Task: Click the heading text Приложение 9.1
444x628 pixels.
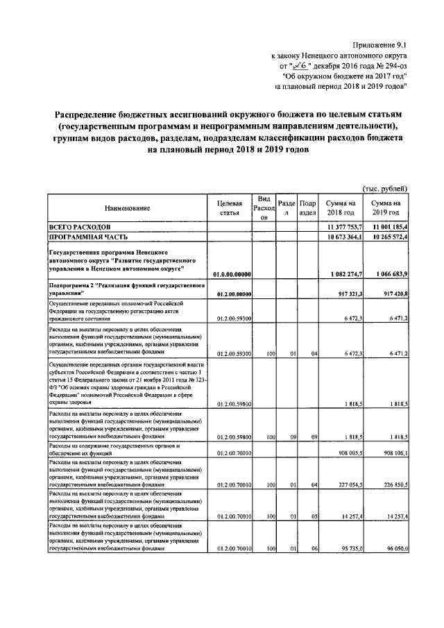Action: point(380,44)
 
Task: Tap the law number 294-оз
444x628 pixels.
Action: point(385,66)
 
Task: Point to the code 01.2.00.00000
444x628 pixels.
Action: point(232,294)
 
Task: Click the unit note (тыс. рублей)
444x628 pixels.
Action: point(386,188)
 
